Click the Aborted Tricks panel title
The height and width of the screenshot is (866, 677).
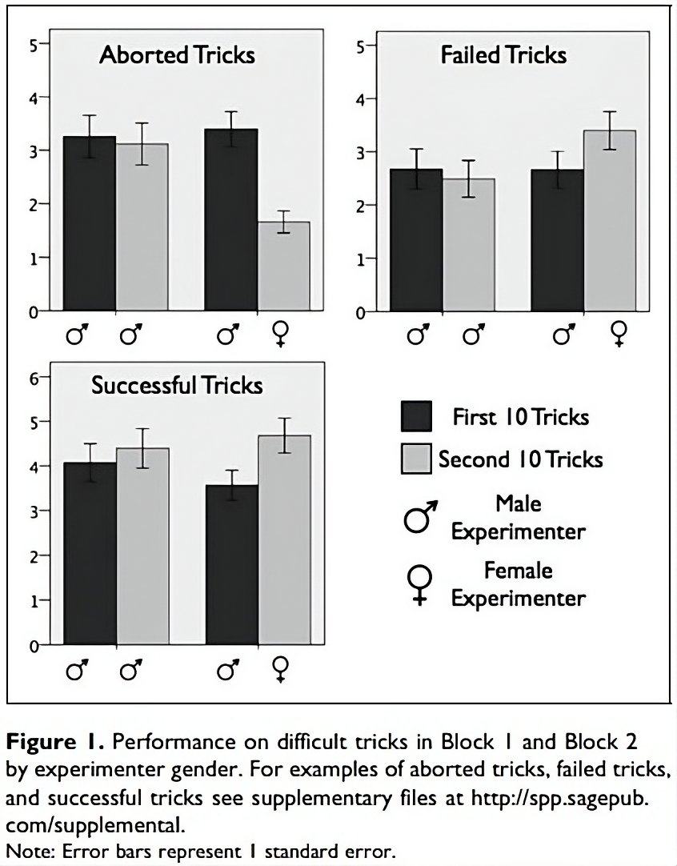tap(177, 55)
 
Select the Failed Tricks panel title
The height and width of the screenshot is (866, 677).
tap(503, 55)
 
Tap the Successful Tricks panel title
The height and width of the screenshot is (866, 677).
tap(177, 386)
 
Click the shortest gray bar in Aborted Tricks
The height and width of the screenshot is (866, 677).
tap(283, 266)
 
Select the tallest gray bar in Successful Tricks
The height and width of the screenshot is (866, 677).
tap(284, 539)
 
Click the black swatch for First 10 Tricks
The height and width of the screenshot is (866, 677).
tap(416, 417)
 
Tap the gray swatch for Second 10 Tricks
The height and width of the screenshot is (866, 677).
tap(416, 459)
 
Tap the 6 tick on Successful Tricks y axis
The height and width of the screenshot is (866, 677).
tap(34, 377)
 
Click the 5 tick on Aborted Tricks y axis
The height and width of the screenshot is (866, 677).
tap(34, 45)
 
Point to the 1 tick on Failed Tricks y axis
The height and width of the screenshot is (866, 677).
tap(361, 259)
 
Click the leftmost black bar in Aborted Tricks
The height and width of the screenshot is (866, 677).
tap(89, 223)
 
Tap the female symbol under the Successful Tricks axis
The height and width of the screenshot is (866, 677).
tap(281, 668)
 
